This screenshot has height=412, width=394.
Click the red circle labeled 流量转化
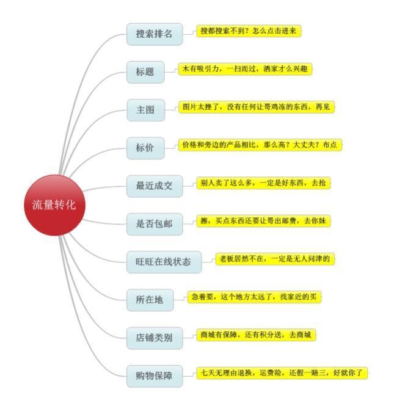click(55, 205)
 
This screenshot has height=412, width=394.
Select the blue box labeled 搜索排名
click(155, 34)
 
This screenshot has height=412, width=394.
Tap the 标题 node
click(145, 72)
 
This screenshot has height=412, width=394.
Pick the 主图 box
click(146, 110)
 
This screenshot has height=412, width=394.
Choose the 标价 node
click(145, 148)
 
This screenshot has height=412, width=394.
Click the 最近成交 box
click(155, 186)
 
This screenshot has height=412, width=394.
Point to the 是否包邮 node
click(155, 224)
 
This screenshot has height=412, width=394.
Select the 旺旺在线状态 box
click(164, 262)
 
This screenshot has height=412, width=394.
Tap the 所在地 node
click(150, 300)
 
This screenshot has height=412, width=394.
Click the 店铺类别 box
click(155, 338)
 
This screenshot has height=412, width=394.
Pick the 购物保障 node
click(155, 376)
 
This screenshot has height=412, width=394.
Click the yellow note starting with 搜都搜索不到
click(249, 31)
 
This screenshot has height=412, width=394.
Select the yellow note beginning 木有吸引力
click(245, 69)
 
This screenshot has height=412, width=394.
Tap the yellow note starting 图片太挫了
click(256, 107)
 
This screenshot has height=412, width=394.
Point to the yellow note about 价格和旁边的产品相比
click(260, 145)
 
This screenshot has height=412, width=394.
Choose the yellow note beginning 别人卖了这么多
click(263, 183)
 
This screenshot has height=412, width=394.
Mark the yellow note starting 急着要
click(254, 297)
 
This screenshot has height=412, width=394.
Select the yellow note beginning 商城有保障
click(256, 335)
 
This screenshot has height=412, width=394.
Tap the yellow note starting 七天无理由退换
click(282, 373)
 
